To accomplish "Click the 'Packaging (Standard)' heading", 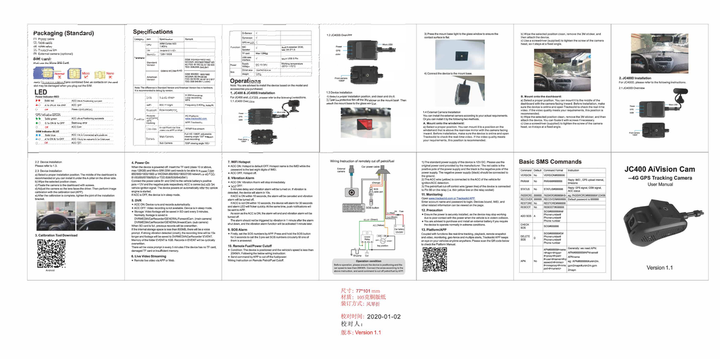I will pyautogui.click(x=63, y=32).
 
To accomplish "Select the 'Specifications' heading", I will pyautogui.click(x=153, y=31).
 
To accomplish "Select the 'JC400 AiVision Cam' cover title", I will pyautogui.click(x=660, y=170).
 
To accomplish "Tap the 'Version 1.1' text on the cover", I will pyautogui.click(x=660, y=267).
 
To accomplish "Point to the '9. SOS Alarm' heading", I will pyautogui.click(x=242, y=230).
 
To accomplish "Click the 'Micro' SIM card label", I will pyautogui.click(x=86, y=74).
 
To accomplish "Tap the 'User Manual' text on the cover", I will pyautogui.click(x=660, y=185).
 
